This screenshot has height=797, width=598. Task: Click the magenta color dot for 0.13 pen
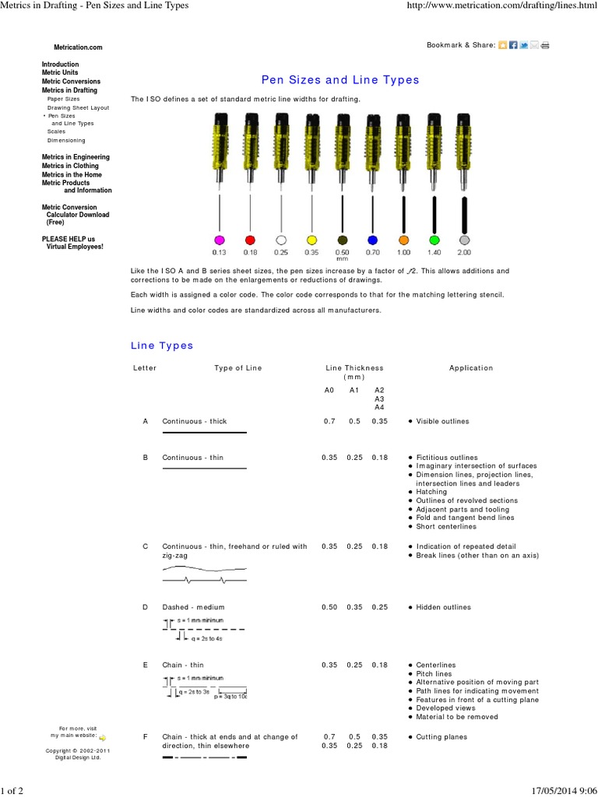coord(220,239)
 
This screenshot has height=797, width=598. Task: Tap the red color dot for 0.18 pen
coord(250,239)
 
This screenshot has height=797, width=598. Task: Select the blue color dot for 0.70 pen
coord(372,239)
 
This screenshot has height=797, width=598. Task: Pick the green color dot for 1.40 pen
coord(434,239)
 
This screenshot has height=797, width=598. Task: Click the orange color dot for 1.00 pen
coord(403,239)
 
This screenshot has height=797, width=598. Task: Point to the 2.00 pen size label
coord(464,252)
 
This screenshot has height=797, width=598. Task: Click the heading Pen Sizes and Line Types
coord(339,80)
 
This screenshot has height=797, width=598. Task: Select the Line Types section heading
coord(161,346)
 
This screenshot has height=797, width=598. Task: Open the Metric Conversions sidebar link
coord(71,82)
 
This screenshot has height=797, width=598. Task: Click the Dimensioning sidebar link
coord(66,141)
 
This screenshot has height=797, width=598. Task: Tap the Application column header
coord(471,368)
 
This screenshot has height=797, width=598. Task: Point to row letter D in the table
coord(145,607)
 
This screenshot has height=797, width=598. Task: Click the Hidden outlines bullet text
coord(443,607)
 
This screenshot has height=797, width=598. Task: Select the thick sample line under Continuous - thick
coord(204,432)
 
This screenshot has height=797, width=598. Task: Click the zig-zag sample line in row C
coord(204,581)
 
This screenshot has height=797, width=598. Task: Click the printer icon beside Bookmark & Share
coord(546,45)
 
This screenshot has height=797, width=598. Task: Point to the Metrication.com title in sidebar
coord(72,47)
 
